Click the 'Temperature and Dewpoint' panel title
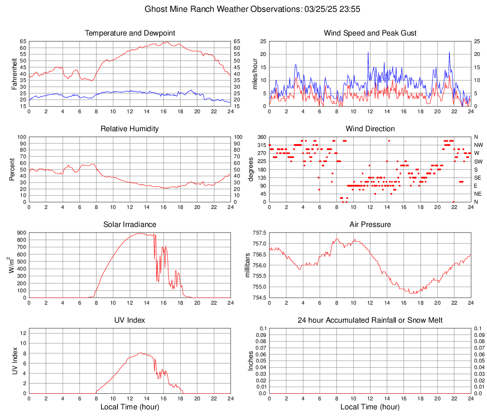point(130,33)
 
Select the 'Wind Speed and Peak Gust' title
point(370,33)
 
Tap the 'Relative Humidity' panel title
point(130,129)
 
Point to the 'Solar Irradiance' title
point(130,225)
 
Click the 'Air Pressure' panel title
point(370,225)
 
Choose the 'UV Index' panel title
point(130,320)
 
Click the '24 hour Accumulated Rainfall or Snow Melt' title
point(370,320)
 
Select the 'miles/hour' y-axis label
point(255,73)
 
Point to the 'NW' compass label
point(478,145)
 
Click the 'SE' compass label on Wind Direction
point(478,178)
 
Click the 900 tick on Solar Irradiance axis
point(21,233)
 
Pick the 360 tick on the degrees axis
point(260,137)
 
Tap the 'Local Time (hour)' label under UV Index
point(130,407)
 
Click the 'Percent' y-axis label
point(12,169)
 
